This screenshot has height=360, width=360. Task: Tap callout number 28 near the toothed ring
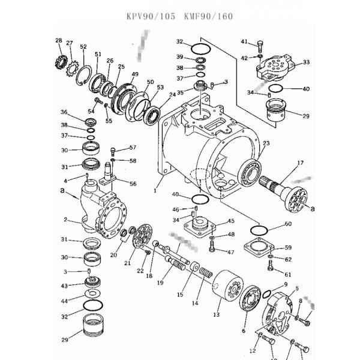tap(58, 41)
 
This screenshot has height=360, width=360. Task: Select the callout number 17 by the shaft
tap(300, 162)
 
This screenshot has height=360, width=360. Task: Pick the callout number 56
tap(133, 184)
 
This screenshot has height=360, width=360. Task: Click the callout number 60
tap(288, 224)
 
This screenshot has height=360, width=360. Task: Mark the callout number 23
tap(266, 143)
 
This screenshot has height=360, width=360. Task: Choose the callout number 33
tap(306, 62)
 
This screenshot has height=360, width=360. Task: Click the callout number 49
tap(135, 74)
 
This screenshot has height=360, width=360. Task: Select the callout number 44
tap(64, 298)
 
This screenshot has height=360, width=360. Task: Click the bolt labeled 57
tap(113, 150)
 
